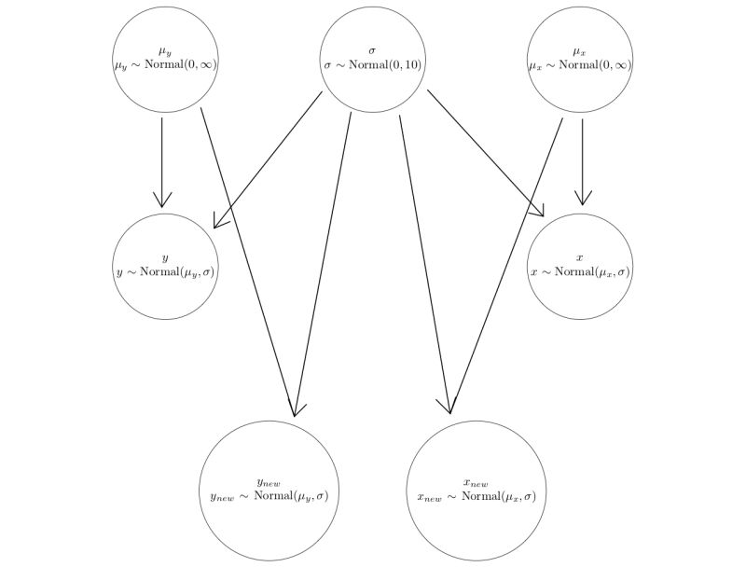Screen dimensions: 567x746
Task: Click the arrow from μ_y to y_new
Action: [248, 261]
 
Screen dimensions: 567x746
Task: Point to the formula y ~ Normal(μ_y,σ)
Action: [166, 272]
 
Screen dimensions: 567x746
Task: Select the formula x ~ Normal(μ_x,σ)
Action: [580, 272]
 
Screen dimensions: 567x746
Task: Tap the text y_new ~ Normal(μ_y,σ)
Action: [269, 495]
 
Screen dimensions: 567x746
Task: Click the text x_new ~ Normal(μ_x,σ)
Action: [477, 495]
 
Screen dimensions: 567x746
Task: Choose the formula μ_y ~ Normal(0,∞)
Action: [166, 65]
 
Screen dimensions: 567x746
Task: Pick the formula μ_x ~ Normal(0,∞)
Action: [580, 65]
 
